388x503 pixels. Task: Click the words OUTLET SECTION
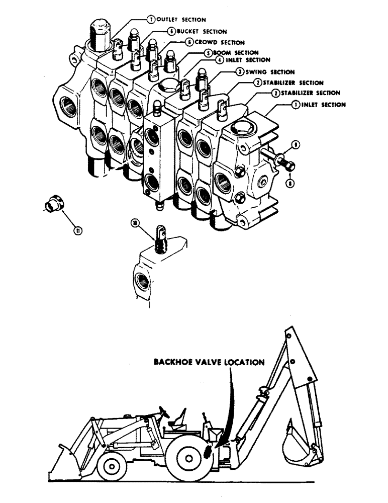[181, 20]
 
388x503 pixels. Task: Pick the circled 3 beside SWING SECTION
[240, 72]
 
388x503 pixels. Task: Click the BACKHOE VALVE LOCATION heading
[208, 362]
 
